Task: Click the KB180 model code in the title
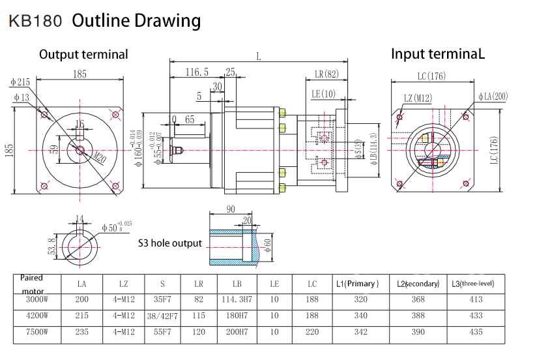point(35,21)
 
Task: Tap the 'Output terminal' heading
point(83,55)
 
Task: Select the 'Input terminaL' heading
point(437,54)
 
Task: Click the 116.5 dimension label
point(197,72)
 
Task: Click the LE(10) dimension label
point(323,95)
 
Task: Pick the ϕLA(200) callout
point(493,97)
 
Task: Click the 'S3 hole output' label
point(170,243)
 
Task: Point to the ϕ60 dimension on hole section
point(268,245)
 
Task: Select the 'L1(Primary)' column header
point(357,284)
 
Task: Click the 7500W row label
point(36,332)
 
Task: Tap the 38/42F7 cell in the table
point(162,316)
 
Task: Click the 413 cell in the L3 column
point(476,299)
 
